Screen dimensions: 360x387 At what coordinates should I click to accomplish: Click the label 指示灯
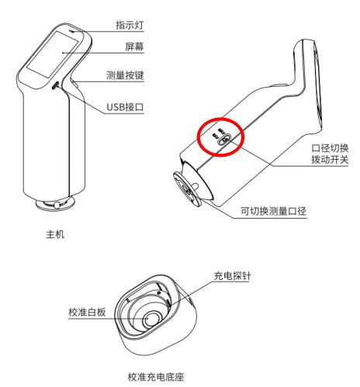coord(130,25)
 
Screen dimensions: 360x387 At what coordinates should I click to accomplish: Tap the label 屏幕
coord(134,47)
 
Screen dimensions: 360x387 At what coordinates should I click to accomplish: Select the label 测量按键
coord(125,75)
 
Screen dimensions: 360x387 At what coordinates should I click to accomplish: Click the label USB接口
coord(125,107)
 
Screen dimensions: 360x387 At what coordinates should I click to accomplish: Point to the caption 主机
coord(55,234)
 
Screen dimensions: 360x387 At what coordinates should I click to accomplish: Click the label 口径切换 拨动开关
coord(330,154)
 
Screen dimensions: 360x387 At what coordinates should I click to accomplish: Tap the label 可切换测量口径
coord(274,211)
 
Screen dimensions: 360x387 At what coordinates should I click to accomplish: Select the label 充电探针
coord(232,276)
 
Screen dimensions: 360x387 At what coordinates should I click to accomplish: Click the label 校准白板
coord(87,312)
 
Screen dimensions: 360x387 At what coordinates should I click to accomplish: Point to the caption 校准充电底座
coord(156,377)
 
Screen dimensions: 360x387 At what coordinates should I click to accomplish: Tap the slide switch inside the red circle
coord(224,140)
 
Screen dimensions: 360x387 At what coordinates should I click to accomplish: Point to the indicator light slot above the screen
coord(72,31)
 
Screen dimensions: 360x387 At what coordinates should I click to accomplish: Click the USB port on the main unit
coord(55,85)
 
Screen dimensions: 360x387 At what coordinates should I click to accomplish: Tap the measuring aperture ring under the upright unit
coord(55,204)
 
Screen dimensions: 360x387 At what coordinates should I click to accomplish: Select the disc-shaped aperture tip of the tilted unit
coord(188,188)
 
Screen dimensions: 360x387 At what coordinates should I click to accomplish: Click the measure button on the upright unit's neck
coord(75,84)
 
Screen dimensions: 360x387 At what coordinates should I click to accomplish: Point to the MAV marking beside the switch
coord(222,130)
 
